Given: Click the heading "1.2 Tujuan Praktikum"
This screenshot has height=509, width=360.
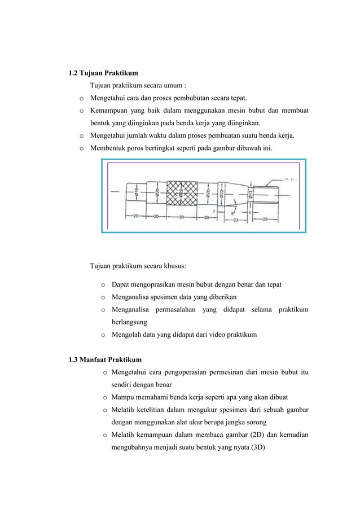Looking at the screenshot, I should (x=103, y=73).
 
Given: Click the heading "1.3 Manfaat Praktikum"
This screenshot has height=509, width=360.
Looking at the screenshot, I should (x=105, y=359).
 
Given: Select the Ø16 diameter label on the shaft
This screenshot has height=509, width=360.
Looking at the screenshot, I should (x=137, y=192).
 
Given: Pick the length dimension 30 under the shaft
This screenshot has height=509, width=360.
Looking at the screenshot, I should (x=182, y=217).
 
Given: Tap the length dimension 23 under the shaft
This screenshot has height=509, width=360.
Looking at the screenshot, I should (x=236, y=220).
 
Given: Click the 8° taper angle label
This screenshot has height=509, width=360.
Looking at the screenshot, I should (x=233, y=213).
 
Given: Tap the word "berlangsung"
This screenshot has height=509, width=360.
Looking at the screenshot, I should (x=130, y=322).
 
